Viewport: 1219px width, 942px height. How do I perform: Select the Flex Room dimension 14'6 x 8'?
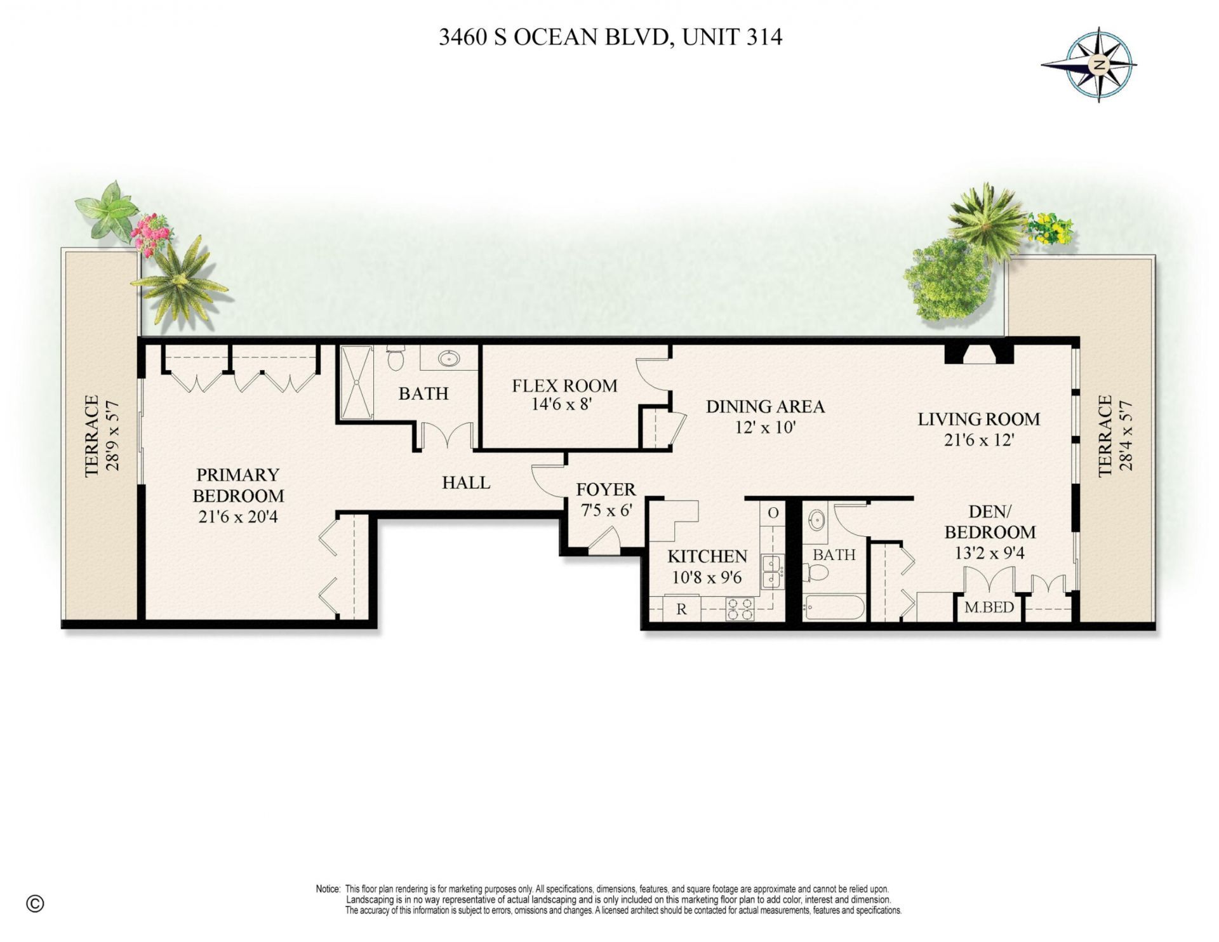pos(562,404)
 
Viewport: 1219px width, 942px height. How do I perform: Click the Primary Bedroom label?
pos(238,485)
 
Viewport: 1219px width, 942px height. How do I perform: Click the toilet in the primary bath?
pos(395,359)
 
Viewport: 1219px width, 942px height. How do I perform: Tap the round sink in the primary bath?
pos(450,359)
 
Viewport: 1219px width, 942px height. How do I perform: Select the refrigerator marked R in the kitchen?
pos(681,609)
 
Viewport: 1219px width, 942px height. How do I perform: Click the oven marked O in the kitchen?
pos(773,513)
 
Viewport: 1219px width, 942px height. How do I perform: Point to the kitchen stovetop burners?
pos(740,609)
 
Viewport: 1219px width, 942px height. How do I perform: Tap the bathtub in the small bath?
pos(833,607)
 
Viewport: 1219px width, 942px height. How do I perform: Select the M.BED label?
pos(989,607)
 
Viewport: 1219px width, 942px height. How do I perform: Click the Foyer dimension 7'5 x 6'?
pos(606,510)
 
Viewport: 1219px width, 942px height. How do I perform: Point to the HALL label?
pos(466,483)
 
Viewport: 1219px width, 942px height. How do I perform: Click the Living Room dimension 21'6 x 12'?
pos(978,440)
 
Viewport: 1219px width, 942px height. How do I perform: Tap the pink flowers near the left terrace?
pos(151,233)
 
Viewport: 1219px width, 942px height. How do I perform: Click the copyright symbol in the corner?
pos(36,904)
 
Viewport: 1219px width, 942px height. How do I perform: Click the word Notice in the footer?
pos(328,889)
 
